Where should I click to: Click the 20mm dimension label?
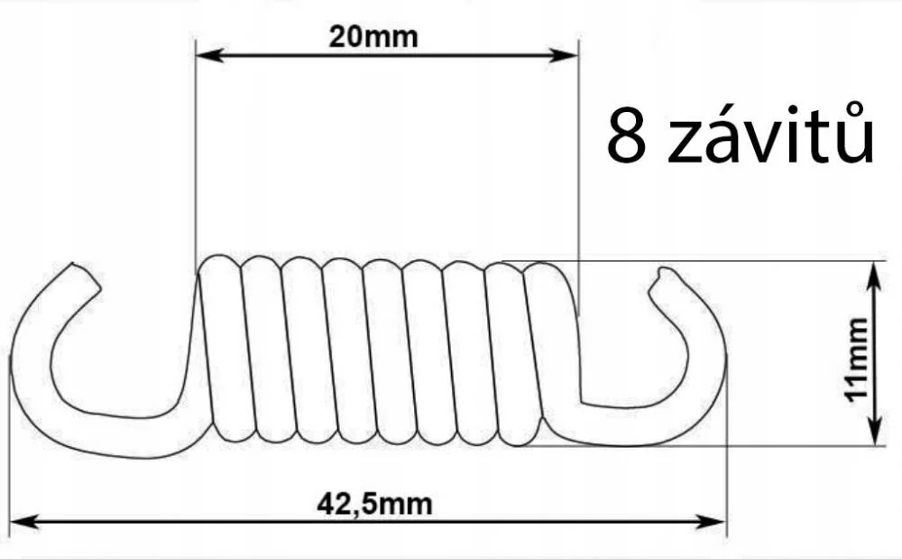click(x=373, y=37)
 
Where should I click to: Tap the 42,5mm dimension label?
click(x=374, y=503)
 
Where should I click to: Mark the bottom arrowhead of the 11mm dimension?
click(x=874, y=437)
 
